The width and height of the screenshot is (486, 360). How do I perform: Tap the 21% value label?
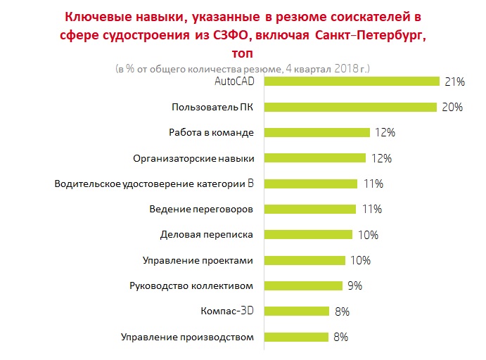click(455, 82)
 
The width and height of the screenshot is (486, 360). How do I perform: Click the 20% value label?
click(452, 108)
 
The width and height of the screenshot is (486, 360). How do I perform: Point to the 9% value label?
click(354, 285)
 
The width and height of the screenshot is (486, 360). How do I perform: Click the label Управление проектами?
click(198, 260)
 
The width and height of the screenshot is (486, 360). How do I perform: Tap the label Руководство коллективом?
click(191, 285)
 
